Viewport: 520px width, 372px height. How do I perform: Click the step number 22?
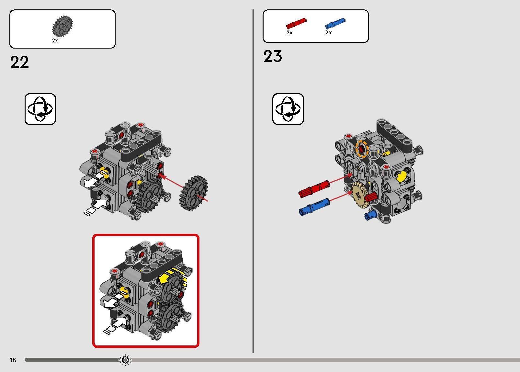19,62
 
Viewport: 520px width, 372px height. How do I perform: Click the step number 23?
273,56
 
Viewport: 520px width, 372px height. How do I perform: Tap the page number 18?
13,360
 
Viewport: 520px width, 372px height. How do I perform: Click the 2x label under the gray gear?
55,40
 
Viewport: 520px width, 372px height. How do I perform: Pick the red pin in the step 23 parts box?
296,23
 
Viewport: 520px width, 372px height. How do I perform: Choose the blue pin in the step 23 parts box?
335,23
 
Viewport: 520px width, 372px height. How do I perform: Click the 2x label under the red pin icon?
289,32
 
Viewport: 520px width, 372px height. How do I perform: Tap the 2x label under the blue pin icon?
329,32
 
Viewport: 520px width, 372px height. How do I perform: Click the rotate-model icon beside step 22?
40,109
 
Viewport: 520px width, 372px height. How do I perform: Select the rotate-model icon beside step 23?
288,109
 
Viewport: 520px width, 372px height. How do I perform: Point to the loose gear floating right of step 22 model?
194,193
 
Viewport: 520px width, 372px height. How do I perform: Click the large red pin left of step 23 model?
314,189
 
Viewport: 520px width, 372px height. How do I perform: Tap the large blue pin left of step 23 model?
314,207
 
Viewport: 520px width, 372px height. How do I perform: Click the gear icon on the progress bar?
125,360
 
